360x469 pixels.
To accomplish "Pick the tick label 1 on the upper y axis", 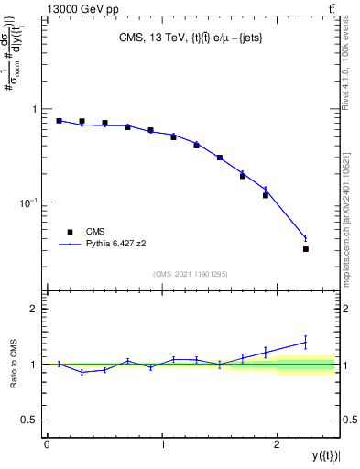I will (35, 109).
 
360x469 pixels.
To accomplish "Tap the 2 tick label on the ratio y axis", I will (35, 309).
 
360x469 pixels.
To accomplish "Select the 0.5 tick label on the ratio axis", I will (30, 420).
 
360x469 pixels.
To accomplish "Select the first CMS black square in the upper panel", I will (59, 121).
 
